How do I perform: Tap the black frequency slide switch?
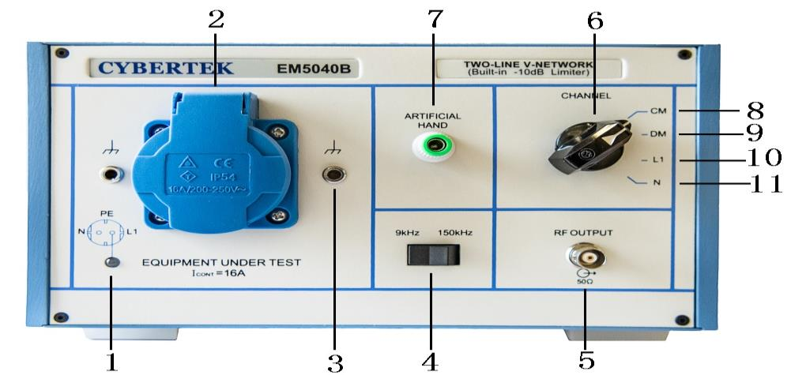(432, 255)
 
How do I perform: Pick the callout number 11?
(763, 183)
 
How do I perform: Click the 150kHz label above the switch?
(456, 233)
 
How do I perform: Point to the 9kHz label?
(407, 233)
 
